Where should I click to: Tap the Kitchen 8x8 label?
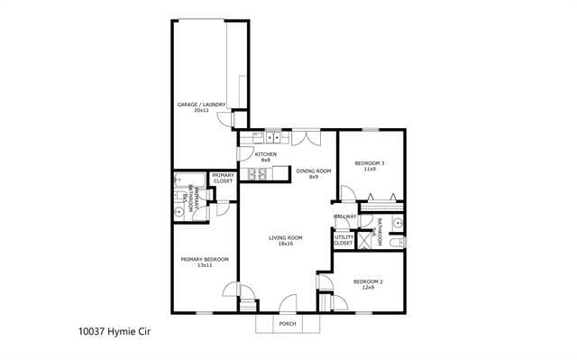pyautogui.click(x=265, y=157)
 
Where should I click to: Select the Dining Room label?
pyautogui.click(x=314, y=173)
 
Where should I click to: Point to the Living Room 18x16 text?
pyautogui.click(x=285, y=240)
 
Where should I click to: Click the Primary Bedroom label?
pyautogui.click(x=205, y=262)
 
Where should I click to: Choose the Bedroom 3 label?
pyautogui.click(x=370, y=166)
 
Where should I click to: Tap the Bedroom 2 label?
pyautogui.click(x=368, y=284)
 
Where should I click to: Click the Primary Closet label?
pyautogui.click(x=223, y=179)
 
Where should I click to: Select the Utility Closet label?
pyautogui.click(x=344, y=240)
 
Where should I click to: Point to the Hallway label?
pyautogui.click(x=345, y=217)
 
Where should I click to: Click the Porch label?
pyautogui.click(x=288, y=323)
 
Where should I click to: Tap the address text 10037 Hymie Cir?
pyautogui.click(x=114, y=331)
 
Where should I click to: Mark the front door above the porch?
pyautogui.click(x=288, y=304)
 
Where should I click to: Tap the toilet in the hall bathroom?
pyautogui.click(x=398, y=242)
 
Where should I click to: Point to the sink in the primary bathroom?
pyautogui.click(x=179, y=211)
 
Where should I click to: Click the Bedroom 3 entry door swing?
pyautogui.click(x=345, y=192)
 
